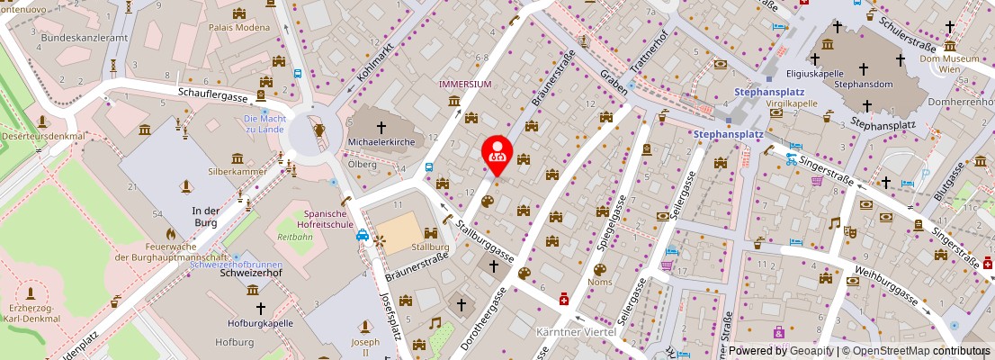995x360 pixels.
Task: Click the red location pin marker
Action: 496,154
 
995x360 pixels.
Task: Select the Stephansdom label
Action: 861,84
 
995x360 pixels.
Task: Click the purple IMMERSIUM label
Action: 465,84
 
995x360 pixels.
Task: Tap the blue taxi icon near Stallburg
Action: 363,236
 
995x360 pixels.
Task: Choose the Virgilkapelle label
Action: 792,103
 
